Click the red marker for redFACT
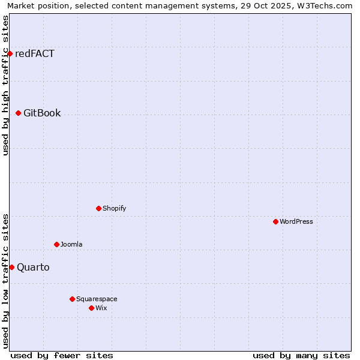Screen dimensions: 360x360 tap(10, 54)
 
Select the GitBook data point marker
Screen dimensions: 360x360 tap(18, 113)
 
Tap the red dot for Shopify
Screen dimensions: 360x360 tap(98, 208)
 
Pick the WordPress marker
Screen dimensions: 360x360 tap(275, 221)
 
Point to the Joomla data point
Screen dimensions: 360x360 tap(56, 244)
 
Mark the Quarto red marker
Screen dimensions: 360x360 tap(11, 267)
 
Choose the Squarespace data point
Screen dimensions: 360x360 tap(72, 299)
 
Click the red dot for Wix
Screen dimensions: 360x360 tap(91, 308)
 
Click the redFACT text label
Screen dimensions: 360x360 tap(35, 54)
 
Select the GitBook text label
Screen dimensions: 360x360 tap(42, 113)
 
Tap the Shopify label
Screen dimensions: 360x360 tap(114, 208)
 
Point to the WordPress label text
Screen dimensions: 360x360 tap(296, 221)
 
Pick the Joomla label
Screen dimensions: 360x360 tap(71, 244)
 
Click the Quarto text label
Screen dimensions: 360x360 tap(33, 267)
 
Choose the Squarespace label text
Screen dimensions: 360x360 tap(97, 299)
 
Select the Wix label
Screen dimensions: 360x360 tap(101, 308)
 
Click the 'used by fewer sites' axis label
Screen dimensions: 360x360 tap(62, 355)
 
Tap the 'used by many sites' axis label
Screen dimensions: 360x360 tap(301, 355)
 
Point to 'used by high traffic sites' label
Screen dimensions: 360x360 tap(5, 85)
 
